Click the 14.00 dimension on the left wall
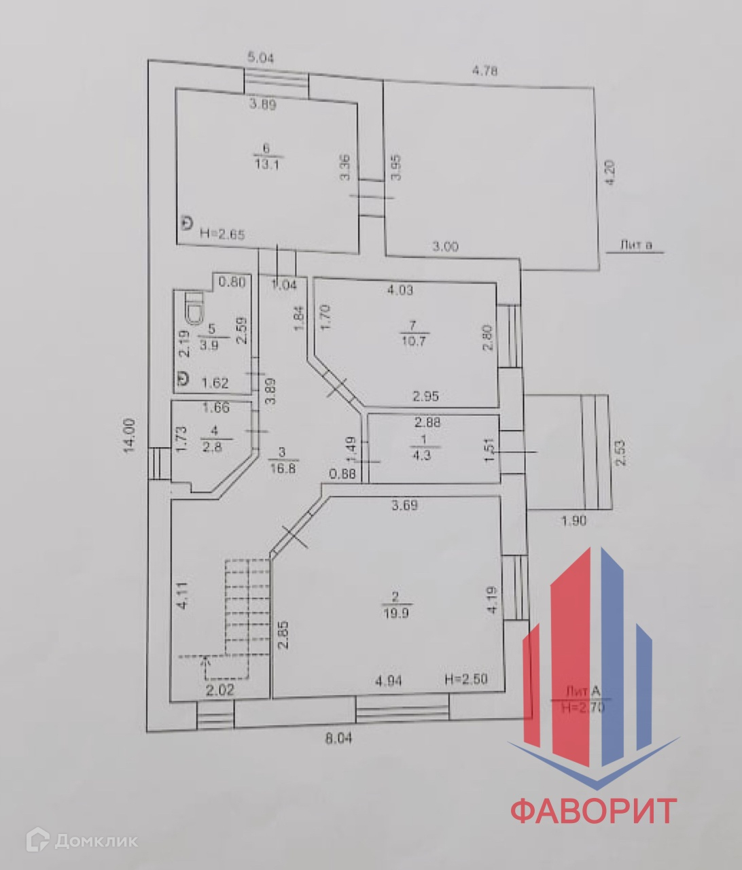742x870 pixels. tap(132, 435)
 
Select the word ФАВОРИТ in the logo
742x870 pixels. tap(593, 811)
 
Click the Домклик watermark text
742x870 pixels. tap(95, 841)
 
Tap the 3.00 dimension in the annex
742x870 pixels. tap(445, 247)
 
